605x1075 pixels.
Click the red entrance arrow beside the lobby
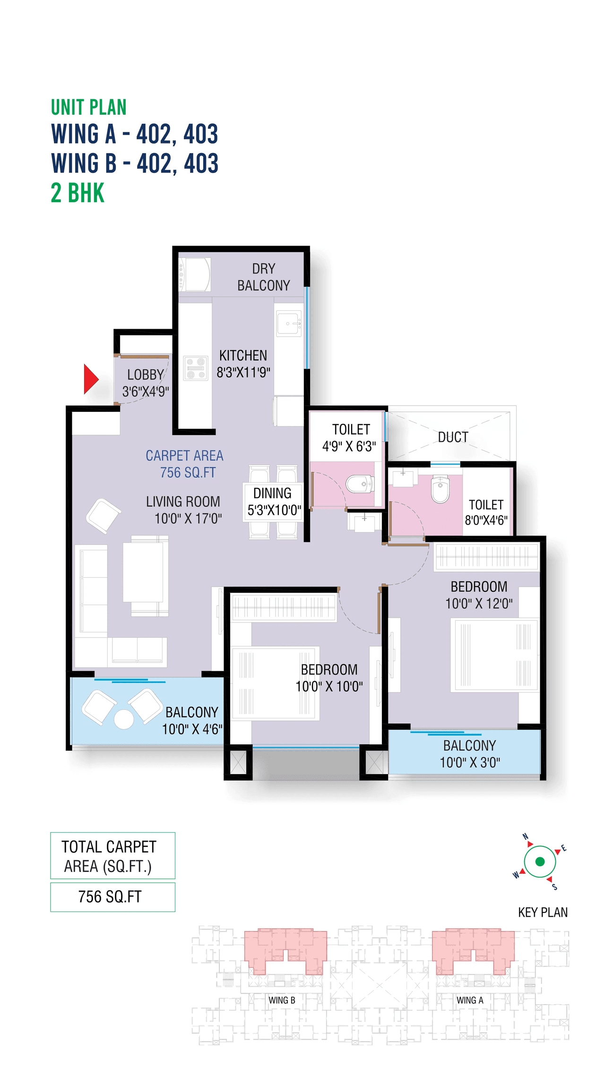pos(90,379)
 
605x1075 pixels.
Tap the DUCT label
pos(453,437)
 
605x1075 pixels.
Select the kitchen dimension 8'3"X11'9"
pos(243,373)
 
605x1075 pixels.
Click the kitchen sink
pos(288,324)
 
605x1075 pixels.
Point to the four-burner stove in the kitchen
pos(196,368)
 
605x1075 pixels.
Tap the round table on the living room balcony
pos(124,719)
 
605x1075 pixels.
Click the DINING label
pos(272,494)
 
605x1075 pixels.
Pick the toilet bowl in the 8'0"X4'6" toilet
pos(441,489)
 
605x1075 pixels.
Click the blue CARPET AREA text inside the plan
pos(184,456)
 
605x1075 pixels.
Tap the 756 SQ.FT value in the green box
pos(110,896)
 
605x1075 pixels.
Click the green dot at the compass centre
pos(540,862)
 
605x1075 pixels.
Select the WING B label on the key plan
pos(282,1000)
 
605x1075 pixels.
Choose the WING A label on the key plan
pos(470,1000)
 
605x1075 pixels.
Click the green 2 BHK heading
pos(78,193)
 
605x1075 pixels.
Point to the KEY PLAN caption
pos(543,913)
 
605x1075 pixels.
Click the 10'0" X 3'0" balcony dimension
pos(470,762)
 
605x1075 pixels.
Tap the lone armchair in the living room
pos(103,515)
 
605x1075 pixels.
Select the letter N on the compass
pos(525,836)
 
